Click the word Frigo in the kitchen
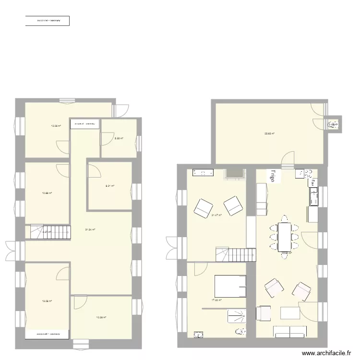pyautogui.click(x=273, y=174)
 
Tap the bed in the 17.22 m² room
pyautogui.click(x=230, y=286)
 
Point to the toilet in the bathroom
pyautogui.click(x=240, y=331)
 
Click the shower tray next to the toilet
pyautogui.click(x=236, y=316)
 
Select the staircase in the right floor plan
pyautogui.click(x=235, y=254)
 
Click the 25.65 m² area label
pyautogui.click(x=269, y=133)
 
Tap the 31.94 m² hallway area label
pyautogui.click(x=90, y=229)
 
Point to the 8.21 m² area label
pyautogui.click(x=110, y=186)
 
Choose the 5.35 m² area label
pyautogui.click(x=119, y=138)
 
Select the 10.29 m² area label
pyautogui.click(x=101, y=317)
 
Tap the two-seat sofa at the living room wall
pyautogui.click(x=289, y=331)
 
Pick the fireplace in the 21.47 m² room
pyautogui.click(x=235, y=173)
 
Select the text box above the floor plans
pyautogui.click(x=48, y=21)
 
